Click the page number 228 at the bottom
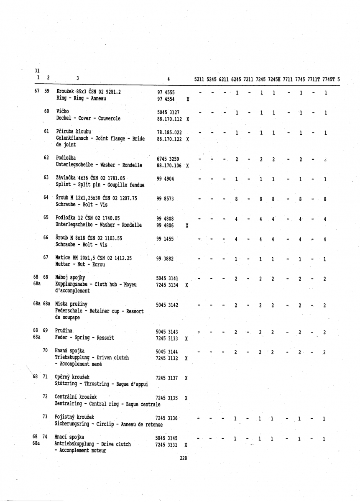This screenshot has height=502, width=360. click(x=183, y=458)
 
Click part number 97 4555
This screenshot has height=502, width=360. click(x=166, y=92)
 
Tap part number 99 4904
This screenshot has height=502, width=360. click(x=166, y=179)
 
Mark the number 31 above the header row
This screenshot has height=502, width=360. click(x=37, y=70)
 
